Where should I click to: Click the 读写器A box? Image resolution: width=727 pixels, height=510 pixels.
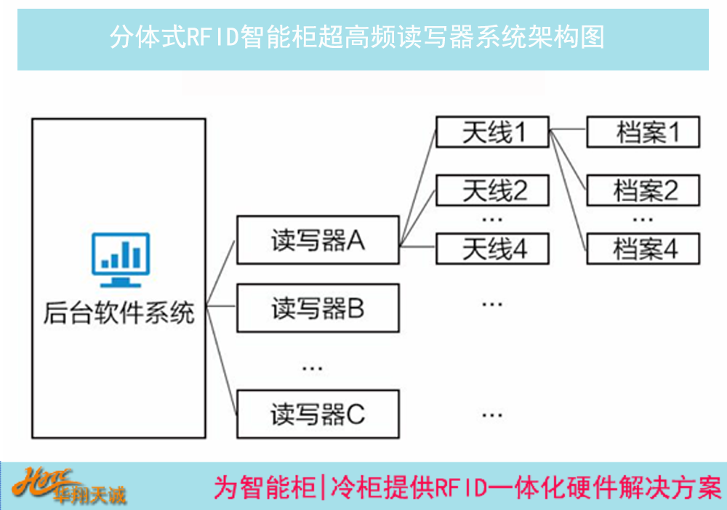coord(318,240)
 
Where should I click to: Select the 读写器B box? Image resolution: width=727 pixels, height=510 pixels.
coord(318,308)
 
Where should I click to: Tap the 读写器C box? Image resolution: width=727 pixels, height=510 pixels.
coord(318,413)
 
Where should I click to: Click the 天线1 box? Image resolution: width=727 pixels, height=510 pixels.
coord(492,132)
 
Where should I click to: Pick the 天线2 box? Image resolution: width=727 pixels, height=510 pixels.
coord(492,190)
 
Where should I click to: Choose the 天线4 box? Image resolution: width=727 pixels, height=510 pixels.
coord(492,248)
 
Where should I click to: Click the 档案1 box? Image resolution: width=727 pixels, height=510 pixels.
coord(643,132)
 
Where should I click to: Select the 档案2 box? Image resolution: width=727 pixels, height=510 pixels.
coord(643,190)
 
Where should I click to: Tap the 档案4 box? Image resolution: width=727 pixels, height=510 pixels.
coord(643,248)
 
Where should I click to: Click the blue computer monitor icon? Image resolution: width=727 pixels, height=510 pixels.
coord(121,260)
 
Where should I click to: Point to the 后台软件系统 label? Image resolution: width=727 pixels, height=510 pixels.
coord(119,312)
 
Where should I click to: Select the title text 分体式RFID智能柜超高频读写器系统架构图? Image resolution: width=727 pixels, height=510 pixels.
coord(357,37)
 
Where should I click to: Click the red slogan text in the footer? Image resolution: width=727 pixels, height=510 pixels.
coord(467,487)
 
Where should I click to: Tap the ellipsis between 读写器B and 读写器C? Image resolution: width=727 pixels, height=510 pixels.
coord(312,369)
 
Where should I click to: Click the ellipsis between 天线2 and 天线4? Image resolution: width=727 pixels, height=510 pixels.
coord(492,219)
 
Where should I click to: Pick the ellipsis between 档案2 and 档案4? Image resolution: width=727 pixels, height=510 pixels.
coord(643,219)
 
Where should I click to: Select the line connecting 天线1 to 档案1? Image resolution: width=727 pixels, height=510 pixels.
coord(568,129)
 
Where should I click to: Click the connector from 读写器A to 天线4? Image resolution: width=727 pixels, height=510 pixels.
coord(418,247)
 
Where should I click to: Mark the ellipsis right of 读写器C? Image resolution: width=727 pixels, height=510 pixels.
coord(492,415)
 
